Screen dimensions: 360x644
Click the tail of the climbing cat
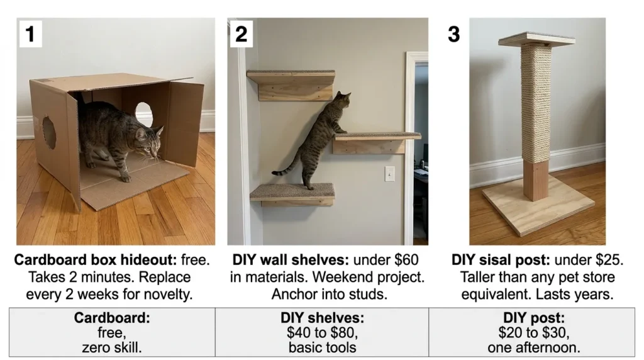pos(286,169)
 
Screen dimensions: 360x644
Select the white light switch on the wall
pos(389,174)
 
